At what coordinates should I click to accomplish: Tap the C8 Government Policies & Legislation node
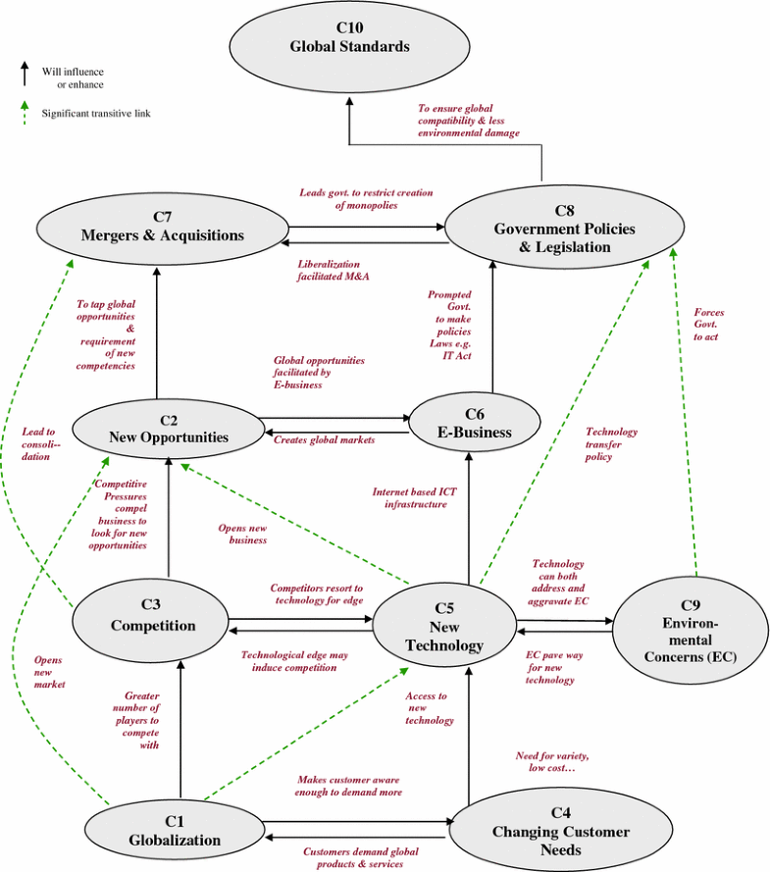coord(564,229)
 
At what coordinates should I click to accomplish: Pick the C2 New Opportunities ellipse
coord(168,429)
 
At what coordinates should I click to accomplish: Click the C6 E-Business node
coord(475,424)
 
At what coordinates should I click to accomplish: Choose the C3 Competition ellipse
coord(152,617)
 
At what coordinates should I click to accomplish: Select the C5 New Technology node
coord(445,627)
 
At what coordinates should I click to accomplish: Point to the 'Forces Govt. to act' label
coord(707,325)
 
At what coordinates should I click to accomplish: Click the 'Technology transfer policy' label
coord(611,443)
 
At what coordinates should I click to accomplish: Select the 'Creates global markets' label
coord(324,440)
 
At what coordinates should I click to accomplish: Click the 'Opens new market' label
coord(48,672)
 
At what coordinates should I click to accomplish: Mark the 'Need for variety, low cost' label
coord(551,762)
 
